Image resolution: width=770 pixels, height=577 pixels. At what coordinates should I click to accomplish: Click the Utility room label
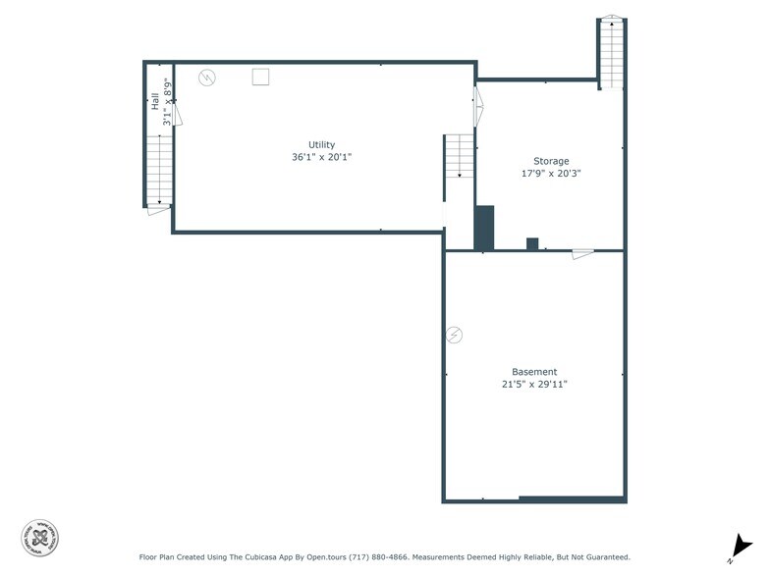pos(321,144)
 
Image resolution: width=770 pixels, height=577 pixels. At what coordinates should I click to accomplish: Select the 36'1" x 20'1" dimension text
pos(321,157)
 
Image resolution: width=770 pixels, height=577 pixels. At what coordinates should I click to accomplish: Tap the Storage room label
pos(551,161)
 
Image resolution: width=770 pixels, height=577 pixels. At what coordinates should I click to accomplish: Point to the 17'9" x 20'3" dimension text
pos(551,174)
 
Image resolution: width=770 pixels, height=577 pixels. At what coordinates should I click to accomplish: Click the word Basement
pos(534,372)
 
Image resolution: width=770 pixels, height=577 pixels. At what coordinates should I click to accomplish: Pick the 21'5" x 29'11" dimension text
pos(534,385)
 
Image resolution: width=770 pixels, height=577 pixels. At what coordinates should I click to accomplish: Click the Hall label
pos(155,100)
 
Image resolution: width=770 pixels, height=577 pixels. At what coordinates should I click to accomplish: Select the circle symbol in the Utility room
pos(207,78)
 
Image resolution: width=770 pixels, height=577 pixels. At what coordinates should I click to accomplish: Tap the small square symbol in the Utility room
pos(260,77)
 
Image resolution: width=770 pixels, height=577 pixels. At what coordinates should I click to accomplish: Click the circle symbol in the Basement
pos(454,336)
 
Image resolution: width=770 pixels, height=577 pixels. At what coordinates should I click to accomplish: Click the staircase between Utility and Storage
pos(459,157)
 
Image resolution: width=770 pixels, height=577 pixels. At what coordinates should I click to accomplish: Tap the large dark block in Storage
pos(484,228)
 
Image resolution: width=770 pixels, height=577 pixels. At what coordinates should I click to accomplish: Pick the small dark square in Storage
pos(532,243)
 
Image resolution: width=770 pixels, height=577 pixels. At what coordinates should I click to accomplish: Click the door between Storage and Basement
pos(582,253)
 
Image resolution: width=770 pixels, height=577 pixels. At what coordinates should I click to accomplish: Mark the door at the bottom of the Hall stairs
pos(158,208)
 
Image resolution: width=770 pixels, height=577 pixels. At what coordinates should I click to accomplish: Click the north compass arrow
pos(740,547)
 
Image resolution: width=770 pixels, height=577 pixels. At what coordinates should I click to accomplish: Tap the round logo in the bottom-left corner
pos(40,537)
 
